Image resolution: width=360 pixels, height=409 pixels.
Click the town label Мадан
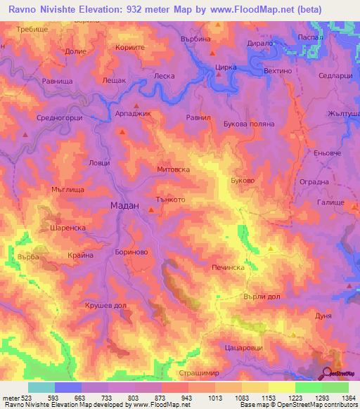pyautogui.click(x=125, y=205)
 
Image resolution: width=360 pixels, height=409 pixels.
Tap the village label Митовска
pyautogui.click(x=173, y=169)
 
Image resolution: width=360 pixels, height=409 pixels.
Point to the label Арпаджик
pyautogui.click(x=133, y=112)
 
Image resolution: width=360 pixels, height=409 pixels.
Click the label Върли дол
pyautogui.click(x=262, y=296)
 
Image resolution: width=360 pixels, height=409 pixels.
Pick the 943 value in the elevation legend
pyautogui.click(x=185, y=398)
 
